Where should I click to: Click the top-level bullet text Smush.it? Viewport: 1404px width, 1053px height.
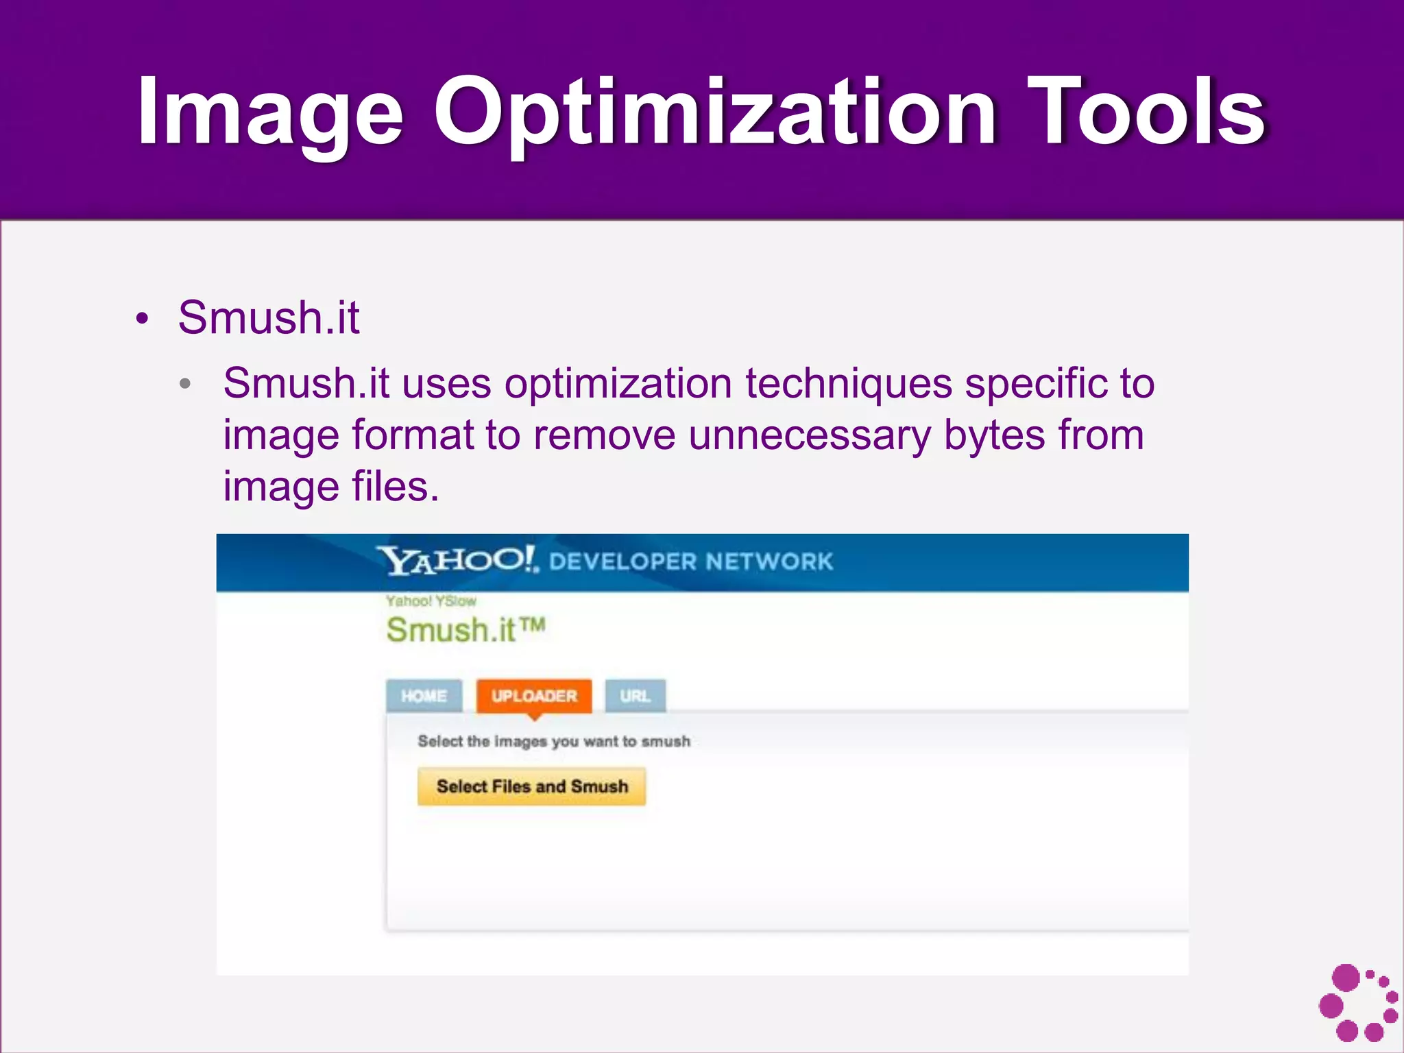(268, 318)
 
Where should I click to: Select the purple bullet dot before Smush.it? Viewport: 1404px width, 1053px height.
(142, 319)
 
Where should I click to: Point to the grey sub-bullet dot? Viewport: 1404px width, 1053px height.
(185, 384)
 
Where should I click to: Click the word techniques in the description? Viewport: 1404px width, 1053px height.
(848, 383)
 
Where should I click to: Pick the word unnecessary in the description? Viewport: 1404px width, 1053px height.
(810, 435)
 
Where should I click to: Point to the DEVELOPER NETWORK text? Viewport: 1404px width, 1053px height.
(690, 562)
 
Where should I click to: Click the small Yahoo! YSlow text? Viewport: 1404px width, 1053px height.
(431, 601)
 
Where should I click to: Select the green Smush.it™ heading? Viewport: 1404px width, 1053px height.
(465, 630)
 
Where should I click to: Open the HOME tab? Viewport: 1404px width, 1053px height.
(424, 696)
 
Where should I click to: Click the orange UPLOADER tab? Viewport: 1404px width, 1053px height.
(534, 696)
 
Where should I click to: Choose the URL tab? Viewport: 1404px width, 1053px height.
(635, 696)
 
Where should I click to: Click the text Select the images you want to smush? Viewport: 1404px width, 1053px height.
(554, 741)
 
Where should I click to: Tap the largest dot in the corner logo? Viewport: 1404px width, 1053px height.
(1345, 978)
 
